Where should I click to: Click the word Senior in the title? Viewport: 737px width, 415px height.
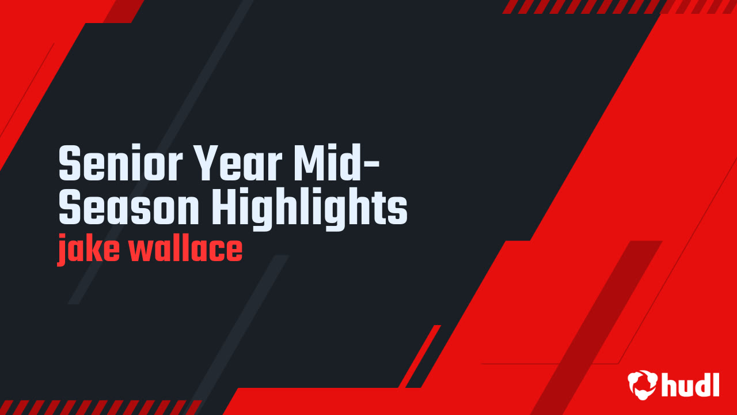click(x=120, y=163)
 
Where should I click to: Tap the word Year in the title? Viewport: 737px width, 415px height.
click(x=237, y=163)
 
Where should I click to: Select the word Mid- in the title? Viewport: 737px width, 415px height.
click(x=336, y=163)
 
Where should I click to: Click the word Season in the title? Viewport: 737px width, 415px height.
click(x=128, y=206)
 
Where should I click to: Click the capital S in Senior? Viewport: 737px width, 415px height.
click(x=70, y=163)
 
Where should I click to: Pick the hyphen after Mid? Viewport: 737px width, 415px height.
click(x=373, y=164)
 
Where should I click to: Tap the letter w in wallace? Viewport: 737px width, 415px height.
click(x=143, y=250)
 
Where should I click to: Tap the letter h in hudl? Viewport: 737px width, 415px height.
click(x=668, y=384)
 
